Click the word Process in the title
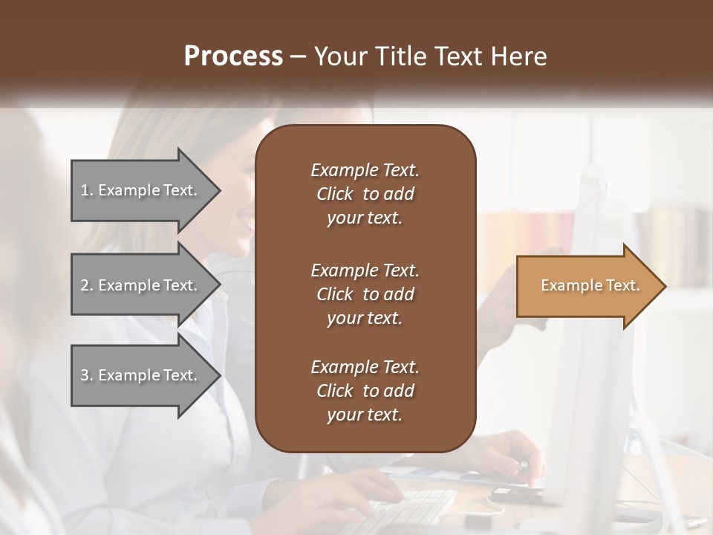[x=233, y=56]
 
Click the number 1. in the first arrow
[x=87, y=190]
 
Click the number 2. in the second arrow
[x=87, y=285]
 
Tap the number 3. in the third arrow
[x=87, y=375]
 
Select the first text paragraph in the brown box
[x=365, y=194]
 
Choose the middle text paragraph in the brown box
[x=365, y=294]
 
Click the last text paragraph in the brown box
[x=365, y=391]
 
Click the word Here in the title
[x=519, y=56]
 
